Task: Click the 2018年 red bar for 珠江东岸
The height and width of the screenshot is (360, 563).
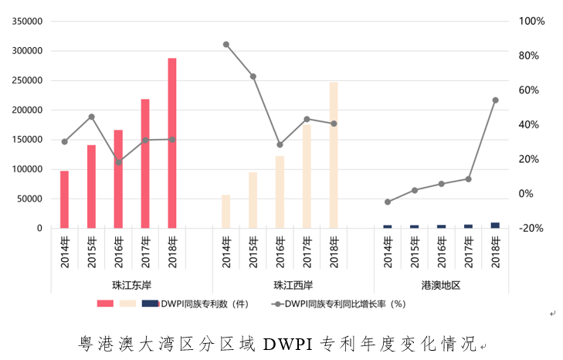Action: pos(172,143)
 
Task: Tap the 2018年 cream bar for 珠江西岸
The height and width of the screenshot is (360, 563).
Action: pos(334,155)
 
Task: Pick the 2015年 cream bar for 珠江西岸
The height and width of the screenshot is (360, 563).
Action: pos(253,200)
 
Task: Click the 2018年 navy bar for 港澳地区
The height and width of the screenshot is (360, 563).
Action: pos(495,225)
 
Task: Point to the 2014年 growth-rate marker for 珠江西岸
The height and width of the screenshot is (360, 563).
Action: pos(226,44)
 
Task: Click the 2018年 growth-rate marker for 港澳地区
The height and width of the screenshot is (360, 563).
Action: pos(495,100)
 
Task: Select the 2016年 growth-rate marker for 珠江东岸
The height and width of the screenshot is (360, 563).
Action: pos(118,162)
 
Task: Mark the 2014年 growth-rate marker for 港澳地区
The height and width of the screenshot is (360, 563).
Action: pos(388,202)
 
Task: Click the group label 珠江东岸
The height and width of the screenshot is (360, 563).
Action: pos(118,285)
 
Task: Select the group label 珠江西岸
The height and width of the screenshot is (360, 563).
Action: pos(280,285)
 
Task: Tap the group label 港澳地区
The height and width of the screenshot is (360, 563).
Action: pos(441,285)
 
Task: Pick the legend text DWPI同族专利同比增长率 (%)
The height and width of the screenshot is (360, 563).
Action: pos(344,304)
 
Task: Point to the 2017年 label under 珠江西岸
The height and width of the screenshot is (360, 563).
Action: pos(307,252)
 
